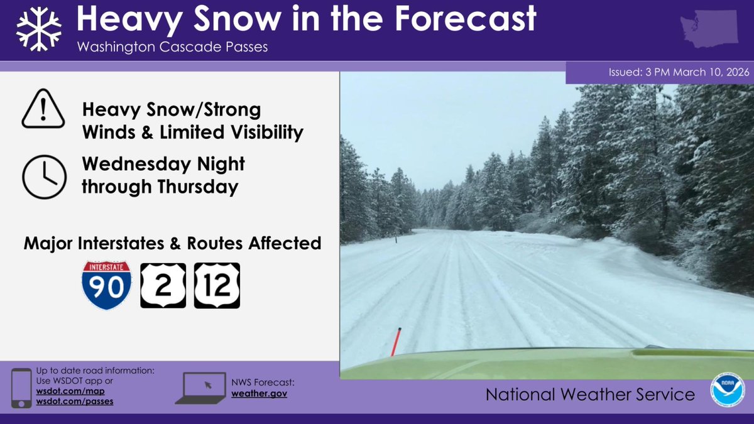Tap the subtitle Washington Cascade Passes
[172, 48]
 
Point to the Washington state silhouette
[709, 29]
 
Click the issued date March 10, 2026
[710, 72]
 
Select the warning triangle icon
[43, 109]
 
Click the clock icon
[43, 177]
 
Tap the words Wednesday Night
[163, 165]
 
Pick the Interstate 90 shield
[106, 285]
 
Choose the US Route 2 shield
[163, 285]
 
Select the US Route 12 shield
[217, 285]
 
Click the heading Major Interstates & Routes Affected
[172, 243]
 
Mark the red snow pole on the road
[396, 341]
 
